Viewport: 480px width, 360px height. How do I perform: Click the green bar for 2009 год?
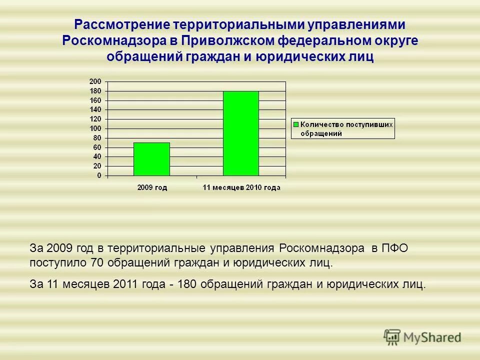click(x=151, y=159)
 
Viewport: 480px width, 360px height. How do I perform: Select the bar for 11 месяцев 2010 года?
click(x=240, y=133)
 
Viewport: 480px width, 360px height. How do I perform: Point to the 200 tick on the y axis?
click(x=95, y=81)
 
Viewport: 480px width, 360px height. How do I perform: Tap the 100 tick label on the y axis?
click(x=95, y=128)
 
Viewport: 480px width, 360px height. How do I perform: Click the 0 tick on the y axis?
click(x=99, y=176)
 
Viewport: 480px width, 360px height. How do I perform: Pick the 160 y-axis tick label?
click(x=95, y=100)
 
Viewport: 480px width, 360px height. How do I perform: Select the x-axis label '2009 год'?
click(x=152, y=187)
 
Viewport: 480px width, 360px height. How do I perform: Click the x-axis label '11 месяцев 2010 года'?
click(x=241, y=187)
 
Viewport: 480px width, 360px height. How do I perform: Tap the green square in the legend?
click(x=296, y=124)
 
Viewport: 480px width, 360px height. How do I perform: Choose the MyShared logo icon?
click(x=392, y=337)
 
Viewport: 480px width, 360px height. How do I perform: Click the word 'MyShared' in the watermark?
click(x=432, y=338)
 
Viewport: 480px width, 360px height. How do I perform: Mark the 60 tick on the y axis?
click(x=97, y=147)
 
